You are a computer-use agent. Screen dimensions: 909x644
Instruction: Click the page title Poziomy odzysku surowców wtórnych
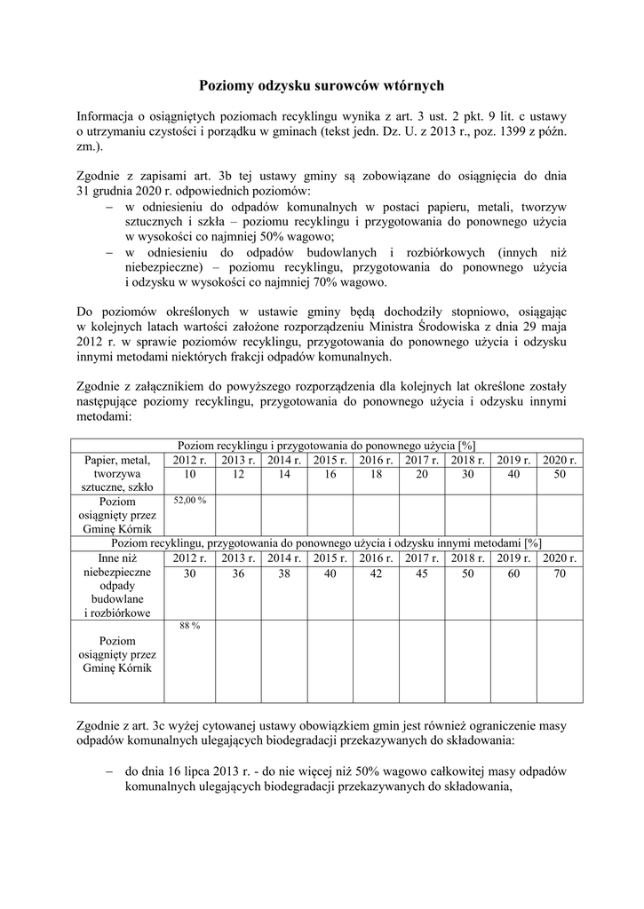(x=321, y=85)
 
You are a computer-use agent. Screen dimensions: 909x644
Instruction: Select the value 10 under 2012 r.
(x=189, y=476)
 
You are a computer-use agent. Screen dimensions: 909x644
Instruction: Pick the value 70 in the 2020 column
(x=560, y=573)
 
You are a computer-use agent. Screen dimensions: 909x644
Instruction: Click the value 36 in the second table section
(x=237, y=573)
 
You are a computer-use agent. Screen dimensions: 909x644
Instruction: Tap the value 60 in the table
(x=513, y=573)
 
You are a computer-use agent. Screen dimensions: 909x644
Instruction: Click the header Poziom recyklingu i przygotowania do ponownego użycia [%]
(x=327, y=445)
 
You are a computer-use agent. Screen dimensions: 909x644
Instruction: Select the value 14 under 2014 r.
(x=282, y=476)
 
